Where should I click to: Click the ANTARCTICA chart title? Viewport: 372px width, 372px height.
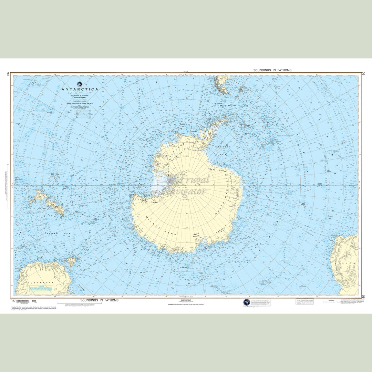pyautogui.click(x=80, y=89)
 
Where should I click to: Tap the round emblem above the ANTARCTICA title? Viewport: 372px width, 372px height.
pyautogui.click(x=80, y=84)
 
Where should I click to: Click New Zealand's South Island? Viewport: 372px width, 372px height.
pyautogui.click(x=55, y=207)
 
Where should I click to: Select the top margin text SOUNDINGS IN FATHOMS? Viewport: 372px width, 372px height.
pyautogui.click(x=272, y=70)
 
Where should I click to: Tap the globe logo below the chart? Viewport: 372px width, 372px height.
pyautogui.click(x=247, y=302)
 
